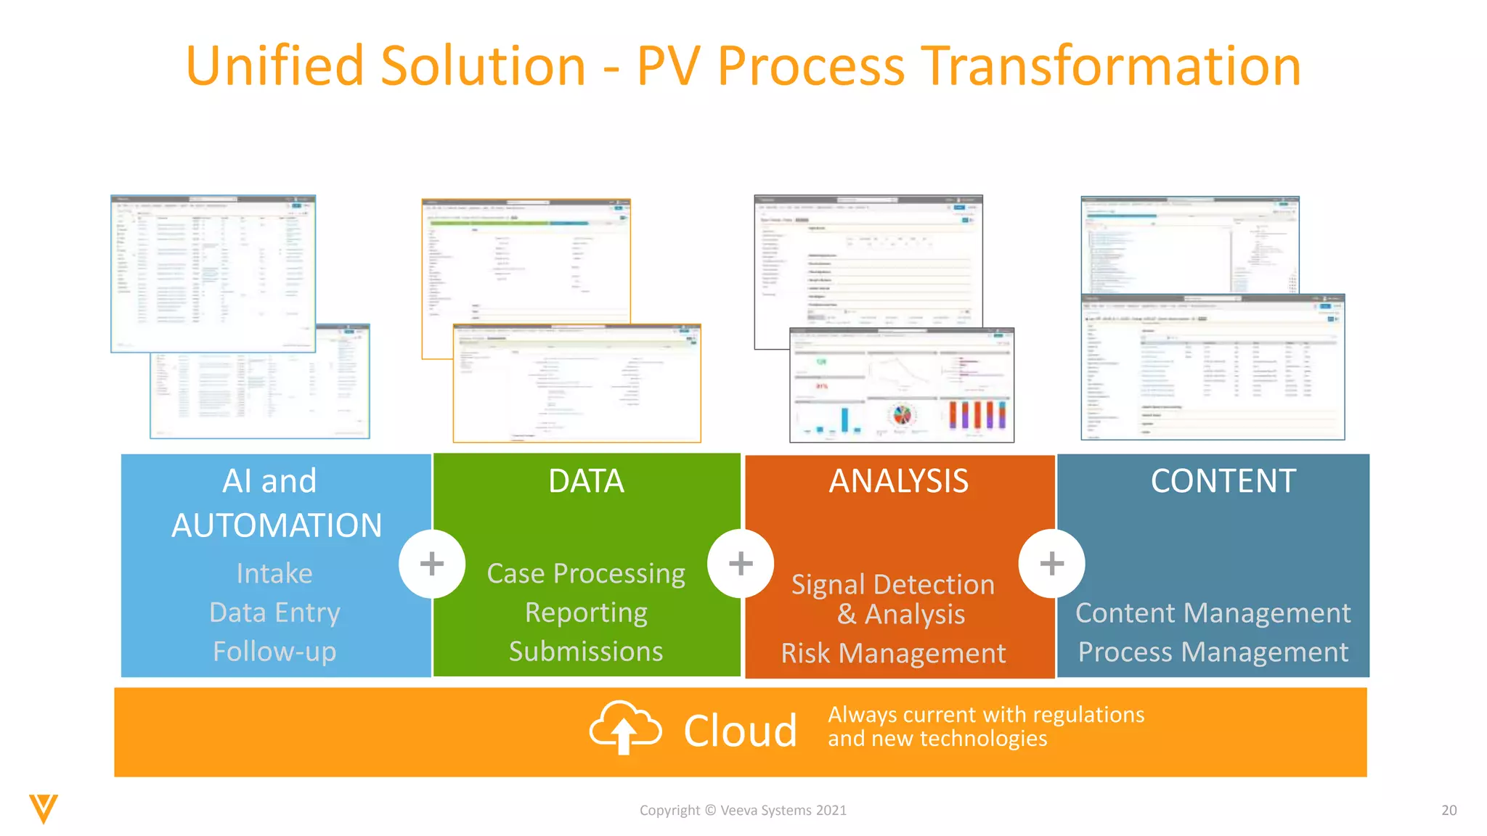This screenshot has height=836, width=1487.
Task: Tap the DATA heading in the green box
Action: click(x=586, y=481)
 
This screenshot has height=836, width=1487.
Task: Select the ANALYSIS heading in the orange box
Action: click(x=899, y=481)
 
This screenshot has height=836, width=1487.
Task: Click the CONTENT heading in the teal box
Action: click(x=1223, y=481)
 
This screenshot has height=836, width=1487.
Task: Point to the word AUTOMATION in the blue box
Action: click(x=276, y=525)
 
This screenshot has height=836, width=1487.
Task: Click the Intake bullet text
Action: click(x=274, y=573)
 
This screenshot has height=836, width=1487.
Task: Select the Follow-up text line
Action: click(x=274, y=651)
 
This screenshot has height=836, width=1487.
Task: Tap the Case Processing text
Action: click(x=586, y=573)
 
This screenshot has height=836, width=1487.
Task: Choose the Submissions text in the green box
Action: click(x=586, y=651)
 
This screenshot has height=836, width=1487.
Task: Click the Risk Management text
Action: click(x=893, y=653)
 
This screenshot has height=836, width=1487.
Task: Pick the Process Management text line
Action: click(x=1213, y=652)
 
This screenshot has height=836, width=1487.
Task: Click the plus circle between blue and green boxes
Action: click(x=432, y=564)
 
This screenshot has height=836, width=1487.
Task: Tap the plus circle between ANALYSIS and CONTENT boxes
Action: click(x=1051, y=564)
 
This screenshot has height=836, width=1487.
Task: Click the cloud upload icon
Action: click(x=624, y=727)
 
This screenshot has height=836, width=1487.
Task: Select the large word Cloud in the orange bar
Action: click(x=740, y=731)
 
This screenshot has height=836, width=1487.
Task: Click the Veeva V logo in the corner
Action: click(x=44, y=808)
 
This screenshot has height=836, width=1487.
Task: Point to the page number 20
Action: click(x=1449, y=811)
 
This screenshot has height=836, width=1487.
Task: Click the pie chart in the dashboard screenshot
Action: click(x=902, y=415)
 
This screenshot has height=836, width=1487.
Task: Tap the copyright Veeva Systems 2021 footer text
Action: click(x=743, y=811)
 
